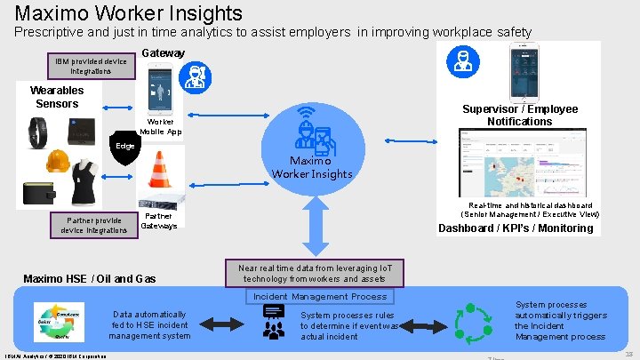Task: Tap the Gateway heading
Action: [x=164, y=53]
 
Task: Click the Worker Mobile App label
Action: [x=161, y=126]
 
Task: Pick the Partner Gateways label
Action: [x=159, y=220]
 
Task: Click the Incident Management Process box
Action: [x=320, y=296]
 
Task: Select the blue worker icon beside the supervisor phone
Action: [x=462, y=61]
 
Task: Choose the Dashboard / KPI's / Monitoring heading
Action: [x=516, y=228]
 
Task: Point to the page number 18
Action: [x=628, y=353]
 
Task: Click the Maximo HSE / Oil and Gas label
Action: [x=89, y=279]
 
